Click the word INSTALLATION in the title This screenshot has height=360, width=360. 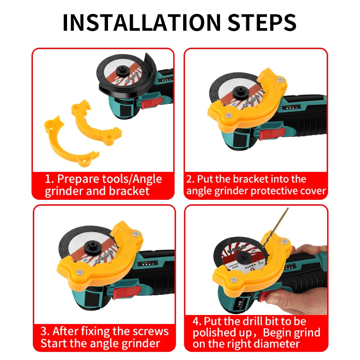coord(142,22)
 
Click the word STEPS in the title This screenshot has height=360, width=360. coord(262,22)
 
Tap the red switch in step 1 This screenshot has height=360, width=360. coord(152,103)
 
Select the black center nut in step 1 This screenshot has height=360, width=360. coord(122,71)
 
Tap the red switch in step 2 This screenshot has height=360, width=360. coord(272,133)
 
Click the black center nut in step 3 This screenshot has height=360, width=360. coord(93,247)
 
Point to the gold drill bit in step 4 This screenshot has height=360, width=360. coord(275,228)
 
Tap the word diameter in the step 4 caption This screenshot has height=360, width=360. coord(277,344)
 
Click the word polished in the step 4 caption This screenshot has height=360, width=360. coord(215,333)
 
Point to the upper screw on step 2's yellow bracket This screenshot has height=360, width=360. coord(280,80)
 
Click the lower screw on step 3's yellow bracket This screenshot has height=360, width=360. coord(80,272)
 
